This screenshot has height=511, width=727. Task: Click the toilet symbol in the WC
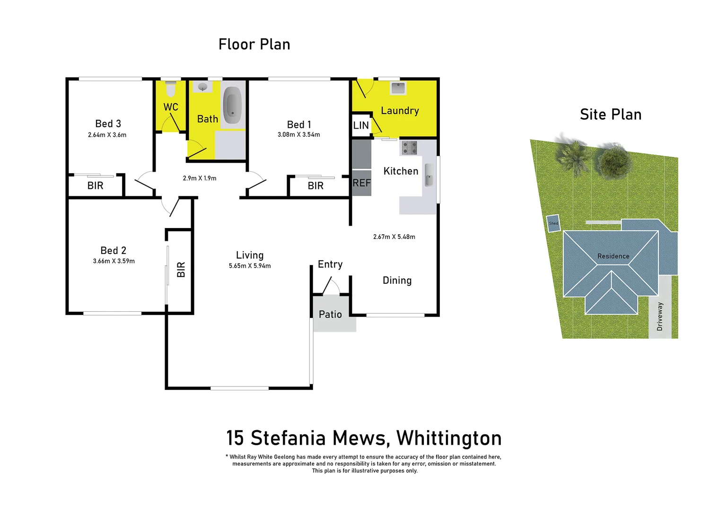(x=171, y=88)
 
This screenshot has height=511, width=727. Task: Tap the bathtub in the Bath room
(x=232, y=105)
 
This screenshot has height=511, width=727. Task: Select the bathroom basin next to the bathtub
(x=203, y=87)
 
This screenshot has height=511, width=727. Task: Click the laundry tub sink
(x=398, y=88)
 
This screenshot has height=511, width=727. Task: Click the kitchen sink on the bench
(x=429, y=175)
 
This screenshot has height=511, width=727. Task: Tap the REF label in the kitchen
(x=361, y=183)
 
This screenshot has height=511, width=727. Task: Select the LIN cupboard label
(x=361, y=125)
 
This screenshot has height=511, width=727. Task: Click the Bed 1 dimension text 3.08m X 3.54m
(x=298, y=135)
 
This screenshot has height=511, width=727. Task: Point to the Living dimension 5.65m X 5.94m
(x=250, y=266)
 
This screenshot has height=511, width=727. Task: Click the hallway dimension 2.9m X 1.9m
(x=199, y=178)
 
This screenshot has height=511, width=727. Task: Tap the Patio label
(x=330, y=315)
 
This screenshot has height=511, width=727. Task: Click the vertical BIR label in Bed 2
(x=181, y=270)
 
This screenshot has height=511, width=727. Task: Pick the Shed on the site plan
(x=553, y=223)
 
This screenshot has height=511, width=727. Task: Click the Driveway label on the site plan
(x=660, y=317)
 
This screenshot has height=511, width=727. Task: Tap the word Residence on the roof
(x=613, y=256)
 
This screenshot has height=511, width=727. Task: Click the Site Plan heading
(x=610, y=115)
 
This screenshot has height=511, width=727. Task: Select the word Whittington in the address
(x=449, y=439)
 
